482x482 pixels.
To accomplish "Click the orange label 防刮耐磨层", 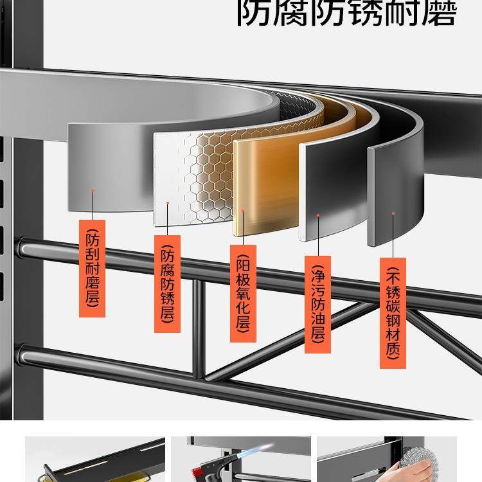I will tap(92, 268).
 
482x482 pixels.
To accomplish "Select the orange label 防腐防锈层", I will tap(167, 283).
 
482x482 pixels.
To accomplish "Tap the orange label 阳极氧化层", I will tap(243, 293).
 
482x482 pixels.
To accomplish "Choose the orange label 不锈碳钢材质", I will tap(393, 313).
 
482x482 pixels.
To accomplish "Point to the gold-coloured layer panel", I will tap(263, 186).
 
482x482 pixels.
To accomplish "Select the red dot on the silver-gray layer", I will tap(93, 190).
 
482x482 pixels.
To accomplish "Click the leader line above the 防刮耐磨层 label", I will tap(93, 206).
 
